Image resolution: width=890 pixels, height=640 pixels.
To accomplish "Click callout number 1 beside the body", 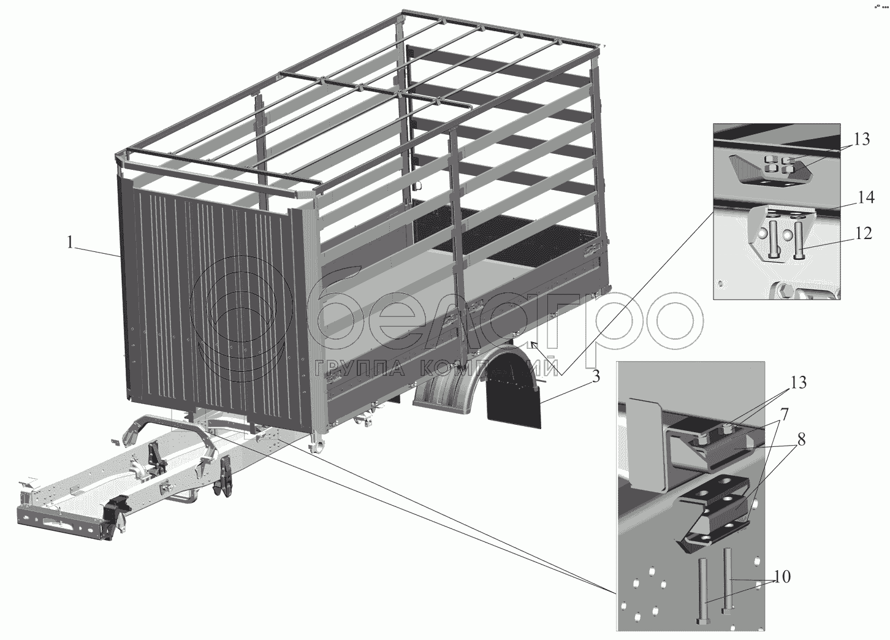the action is point(70,242).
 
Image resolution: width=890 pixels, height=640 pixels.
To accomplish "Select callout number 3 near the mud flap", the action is point(596,376).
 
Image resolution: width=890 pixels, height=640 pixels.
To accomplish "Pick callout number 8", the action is point(801,440).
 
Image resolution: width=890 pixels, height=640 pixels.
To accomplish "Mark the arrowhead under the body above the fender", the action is point(534,345).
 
